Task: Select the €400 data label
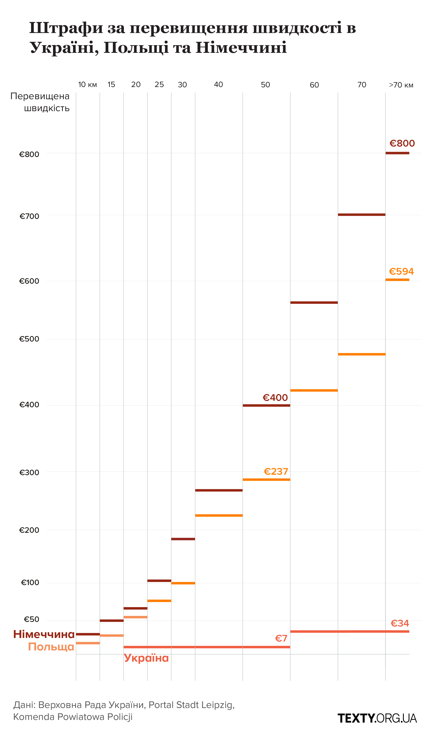tap(275, 398)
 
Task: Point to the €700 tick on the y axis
tap(29, 216)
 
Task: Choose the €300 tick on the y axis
tap(29, 472)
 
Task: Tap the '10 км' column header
tap(87, 85)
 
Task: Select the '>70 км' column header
tap(401, 85)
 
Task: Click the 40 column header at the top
tap(218, 85)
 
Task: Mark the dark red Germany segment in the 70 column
tap(362, 214)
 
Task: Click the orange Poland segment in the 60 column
tap(314, 390)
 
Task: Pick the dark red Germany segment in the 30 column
tap(183, 539)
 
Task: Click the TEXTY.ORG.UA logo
tap(377, 718)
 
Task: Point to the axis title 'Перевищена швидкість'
tap(40, 102)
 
